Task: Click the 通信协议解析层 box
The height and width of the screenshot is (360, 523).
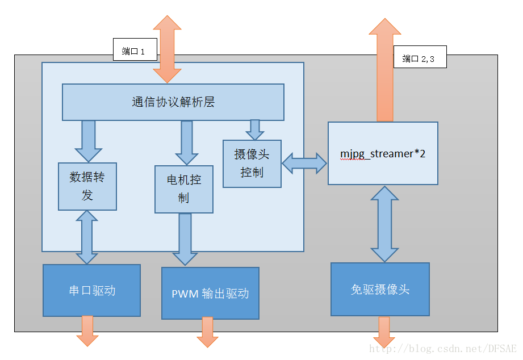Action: point(173,102)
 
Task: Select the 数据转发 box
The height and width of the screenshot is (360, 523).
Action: point(87,186)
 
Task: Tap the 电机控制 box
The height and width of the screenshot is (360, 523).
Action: point(183,189)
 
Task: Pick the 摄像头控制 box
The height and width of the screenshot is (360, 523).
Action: point(252,164)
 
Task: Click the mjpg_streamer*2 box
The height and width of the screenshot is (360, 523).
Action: point(383,153)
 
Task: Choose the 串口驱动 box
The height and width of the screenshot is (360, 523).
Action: point(91,290)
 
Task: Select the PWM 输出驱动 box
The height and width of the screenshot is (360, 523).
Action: point(210,294)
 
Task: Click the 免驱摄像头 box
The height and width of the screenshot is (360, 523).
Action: point(380,289)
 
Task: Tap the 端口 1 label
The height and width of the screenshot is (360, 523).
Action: point(135,52)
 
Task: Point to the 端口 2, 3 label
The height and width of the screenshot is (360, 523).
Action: point(420,58)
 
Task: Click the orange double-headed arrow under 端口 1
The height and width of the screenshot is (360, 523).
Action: point(167,49)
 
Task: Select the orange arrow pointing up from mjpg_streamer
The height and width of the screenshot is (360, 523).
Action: point(384,74)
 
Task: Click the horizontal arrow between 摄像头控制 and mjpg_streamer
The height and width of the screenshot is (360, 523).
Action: point(304,164)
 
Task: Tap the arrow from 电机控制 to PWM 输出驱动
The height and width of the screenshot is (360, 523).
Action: point(184,238)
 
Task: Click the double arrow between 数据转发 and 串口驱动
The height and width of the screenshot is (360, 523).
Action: point(87,237)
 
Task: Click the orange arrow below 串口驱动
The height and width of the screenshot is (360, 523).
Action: point(87,331)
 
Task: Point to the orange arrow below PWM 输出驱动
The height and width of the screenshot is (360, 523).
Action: point(207,332)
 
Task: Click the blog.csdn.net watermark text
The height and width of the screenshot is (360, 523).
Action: point(442,348)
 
